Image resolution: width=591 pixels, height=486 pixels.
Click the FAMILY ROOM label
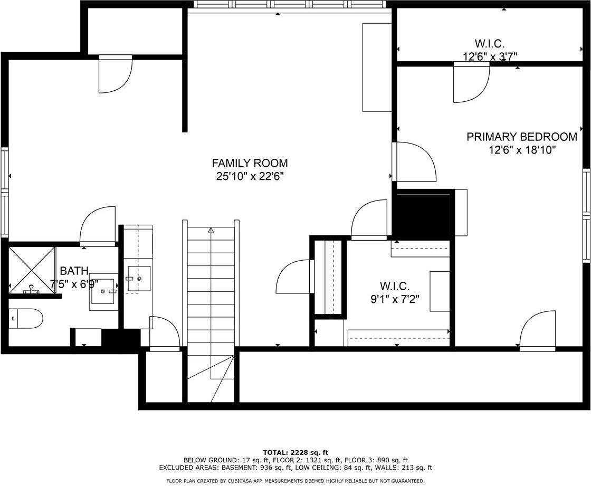(250, 163)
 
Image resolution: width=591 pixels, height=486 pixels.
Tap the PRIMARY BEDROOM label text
(521, 137)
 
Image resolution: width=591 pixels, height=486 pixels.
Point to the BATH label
(74, 271)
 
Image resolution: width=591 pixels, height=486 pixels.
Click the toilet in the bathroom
(26, 318)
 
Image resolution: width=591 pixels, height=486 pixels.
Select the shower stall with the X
(32, 268)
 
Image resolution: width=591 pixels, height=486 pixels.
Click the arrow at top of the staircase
(211, 230)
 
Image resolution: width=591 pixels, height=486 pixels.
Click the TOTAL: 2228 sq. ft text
(295, 452)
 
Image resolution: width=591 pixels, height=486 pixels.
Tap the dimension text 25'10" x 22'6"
(250, 176)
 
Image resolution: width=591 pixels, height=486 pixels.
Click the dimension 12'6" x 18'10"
(521, 150)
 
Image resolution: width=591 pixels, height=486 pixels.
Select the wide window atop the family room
(289, 5)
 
